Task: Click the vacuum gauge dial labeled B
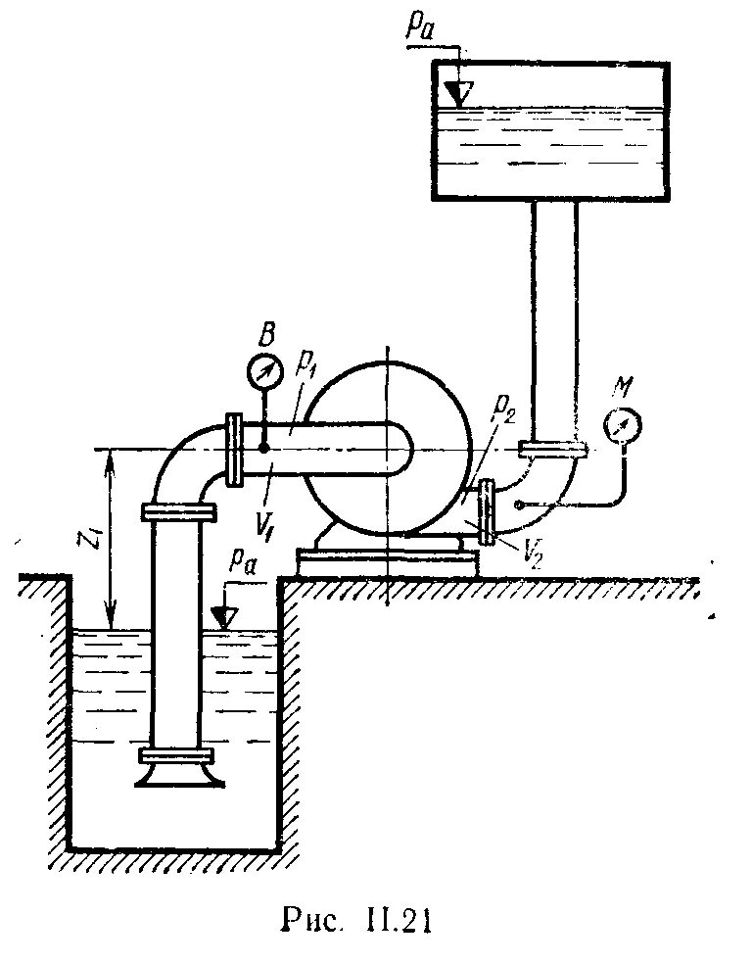coord(263,372)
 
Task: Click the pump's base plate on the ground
coord(388,562)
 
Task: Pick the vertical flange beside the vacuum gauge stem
coord(234,449)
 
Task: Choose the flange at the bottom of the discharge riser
coord(552,450)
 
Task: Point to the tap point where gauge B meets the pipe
coord(263,448)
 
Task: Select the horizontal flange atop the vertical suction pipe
coord(177,511)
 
